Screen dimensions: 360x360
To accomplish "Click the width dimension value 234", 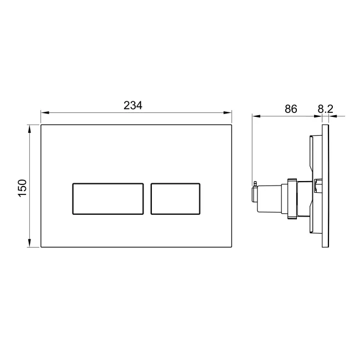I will point(133,105).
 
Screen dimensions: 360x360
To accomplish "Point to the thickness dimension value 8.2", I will point(326,109).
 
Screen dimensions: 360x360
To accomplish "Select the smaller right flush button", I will point(175,198).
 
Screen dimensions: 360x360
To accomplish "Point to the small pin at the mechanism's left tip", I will point(254,183).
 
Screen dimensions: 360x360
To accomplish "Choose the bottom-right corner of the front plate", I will point(232,247).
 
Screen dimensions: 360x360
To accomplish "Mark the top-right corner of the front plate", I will point(232,125).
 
